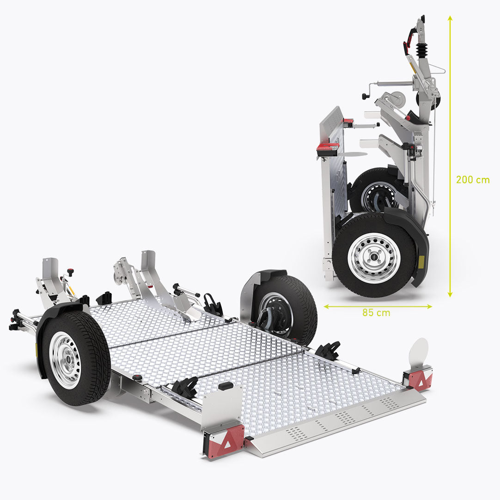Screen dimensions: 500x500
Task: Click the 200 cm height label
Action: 473,180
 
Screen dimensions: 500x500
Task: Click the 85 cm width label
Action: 376,313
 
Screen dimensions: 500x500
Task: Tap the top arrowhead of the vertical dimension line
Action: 450,18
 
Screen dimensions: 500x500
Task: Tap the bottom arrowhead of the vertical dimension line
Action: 450,294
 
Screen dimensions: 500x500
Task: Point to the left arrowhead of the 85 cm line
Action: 327,306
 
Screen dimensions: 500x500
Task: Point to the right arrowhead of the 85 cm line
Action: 429,306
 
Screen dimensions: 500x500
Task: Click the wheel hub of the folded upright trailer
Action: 374,258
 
